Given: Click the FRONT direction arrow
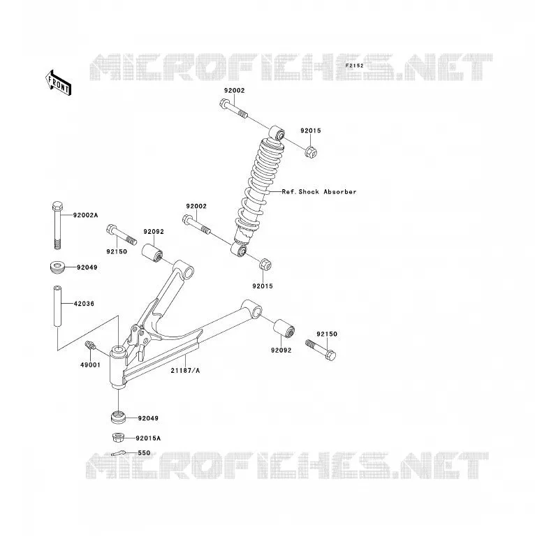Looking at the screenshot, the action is tap(58, 83).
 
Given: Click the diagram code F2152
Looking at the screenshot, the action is tap(354, 66).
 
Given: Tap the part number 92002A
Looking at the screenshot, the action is tap(85, 215).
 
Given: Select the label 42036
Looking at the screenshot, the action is tap(84, 304).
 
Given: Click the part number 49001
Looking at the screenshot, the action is tap(90, 365).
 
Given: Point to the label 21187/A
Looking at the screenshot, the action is tap(185, 371).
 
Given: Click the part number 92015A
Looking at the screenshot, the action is tap(148, 438).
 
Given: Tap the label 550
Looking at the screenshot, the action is tap(144, 452).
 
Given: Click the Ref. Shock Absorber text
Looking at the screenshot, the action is tap(319, 191).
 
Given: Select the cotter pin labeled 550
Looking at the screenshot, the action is tap(119, 453).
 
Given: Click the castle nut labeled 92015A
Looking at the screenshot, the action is tap(119, 437).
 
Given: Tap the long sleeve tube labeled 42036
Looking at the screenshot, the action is tap(57, 306).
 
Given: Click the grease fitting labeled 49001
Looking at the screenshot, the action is tap(90, 346).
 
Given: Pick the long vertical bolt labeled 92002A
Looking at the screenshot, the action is tap(57, 225).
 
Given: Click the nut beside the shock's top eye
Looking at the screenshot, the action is tap(311, 152).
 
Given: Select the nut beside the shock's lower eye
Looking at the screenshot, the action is tap(265, 265).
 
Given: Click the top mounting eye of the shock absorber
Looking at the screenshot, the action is tap(277, 133).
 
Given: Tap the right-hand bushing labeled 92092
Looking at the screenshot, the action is tap(284, 328).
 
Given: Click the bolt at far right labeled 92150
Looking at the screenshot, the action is tap(321, 350).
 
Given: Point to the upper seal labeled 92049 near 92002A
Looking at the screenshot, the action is tap(57, 267).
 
